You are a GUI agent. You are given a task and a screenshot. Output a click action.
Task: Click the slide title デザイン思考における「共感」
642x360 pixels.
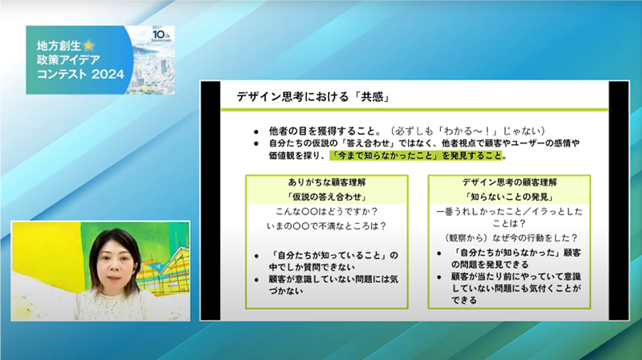313,97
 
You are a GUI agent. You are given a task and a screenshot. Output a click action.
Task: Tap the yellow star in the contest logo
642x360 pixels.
88,46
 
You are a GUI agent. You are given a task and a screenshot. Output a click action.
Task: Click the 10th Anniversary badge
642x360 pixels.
161,36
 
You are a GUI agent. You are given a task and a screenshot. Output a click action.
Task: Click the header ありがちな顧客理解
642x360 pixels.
327,182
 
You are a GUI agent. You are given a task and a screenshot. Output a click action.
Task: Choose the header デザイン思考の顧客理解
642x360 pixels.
509,182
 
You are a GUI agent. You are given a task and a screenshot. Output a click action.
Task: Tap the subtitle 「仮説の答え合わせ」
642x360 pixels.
327,197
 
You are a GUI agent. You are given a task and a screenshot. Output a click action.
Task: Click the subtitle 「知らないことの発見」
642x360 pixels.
509,197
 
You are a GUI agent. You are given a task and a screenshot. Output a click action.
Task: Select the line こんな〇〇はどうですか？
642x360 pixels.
327,212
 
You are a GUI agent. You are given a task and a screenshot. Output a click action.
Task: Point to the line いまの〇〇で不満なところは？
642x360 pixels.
327,226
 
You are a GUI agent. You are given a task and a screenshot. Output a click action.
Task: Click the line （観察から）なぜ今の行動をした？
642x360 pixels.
511,238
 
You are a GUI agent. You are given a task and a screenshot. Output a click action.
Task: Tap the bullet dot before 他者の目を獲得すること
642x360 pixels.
256,132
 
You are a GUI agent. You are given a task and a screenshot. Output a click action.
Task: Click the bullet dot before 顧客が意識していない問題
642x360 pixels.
256,280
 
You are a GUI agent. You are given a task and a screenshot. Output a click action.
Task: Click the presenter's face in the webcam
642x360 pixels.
115,264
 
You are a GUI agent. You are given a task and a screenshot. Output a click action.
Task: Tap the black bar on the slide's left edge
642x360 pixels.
210,200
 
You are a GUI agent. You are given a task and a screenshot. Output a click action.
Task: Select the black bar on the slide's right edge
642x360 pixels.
618,200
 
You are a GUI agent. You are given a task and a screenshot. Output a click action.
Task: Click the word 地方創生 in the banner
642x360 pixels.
59,46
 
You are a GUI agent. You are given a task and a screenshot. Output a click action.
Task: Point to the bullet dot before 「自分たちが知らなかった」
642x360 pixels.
439,254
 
